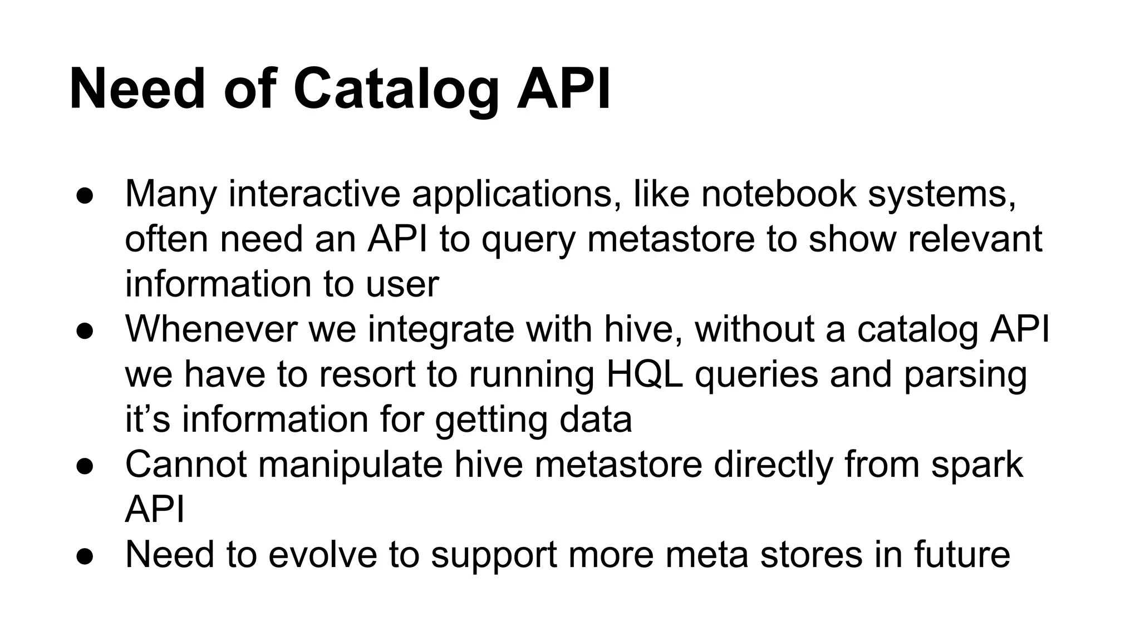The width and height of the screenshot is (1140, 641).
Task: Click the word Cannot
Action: coord(186,464)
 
